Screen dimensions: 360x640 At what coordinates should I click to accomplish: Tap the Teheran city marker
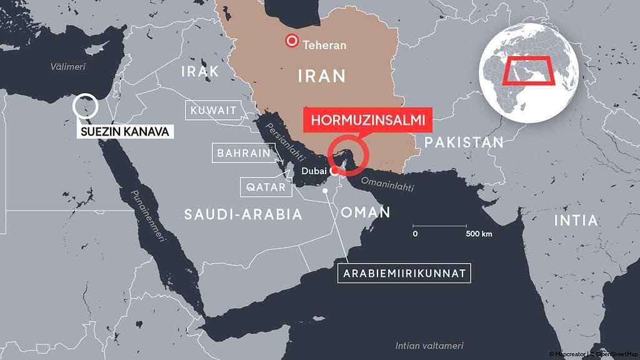point(291,42)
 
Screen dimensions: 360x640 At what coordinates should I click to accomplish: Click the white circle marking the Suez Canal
point(86,106)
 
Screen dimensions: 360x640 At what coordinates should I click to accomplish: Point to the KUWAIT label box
point(214,111)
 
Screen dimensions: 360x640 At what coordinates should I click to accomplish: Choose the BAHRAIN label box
point(244,152)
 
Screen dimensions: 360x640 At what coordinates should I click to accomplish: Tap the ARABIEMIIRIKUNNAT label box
point(404,274)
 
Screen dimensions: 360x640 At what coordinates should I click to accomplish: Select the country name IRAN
point(321,76)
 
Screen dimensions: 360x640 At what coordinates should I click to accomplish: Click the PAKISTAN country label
point(464,142)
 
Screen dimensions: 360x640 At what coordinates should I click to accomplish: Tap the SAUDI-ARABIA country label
point(243,214)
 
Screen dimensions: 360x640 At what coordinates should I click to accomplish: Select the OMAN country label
point(366,212)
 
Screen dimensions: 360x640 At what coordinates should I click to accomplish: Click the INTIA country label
point(576,221)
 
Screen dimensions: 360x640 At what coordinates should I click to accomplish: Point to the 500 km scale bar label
point(479,234)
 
